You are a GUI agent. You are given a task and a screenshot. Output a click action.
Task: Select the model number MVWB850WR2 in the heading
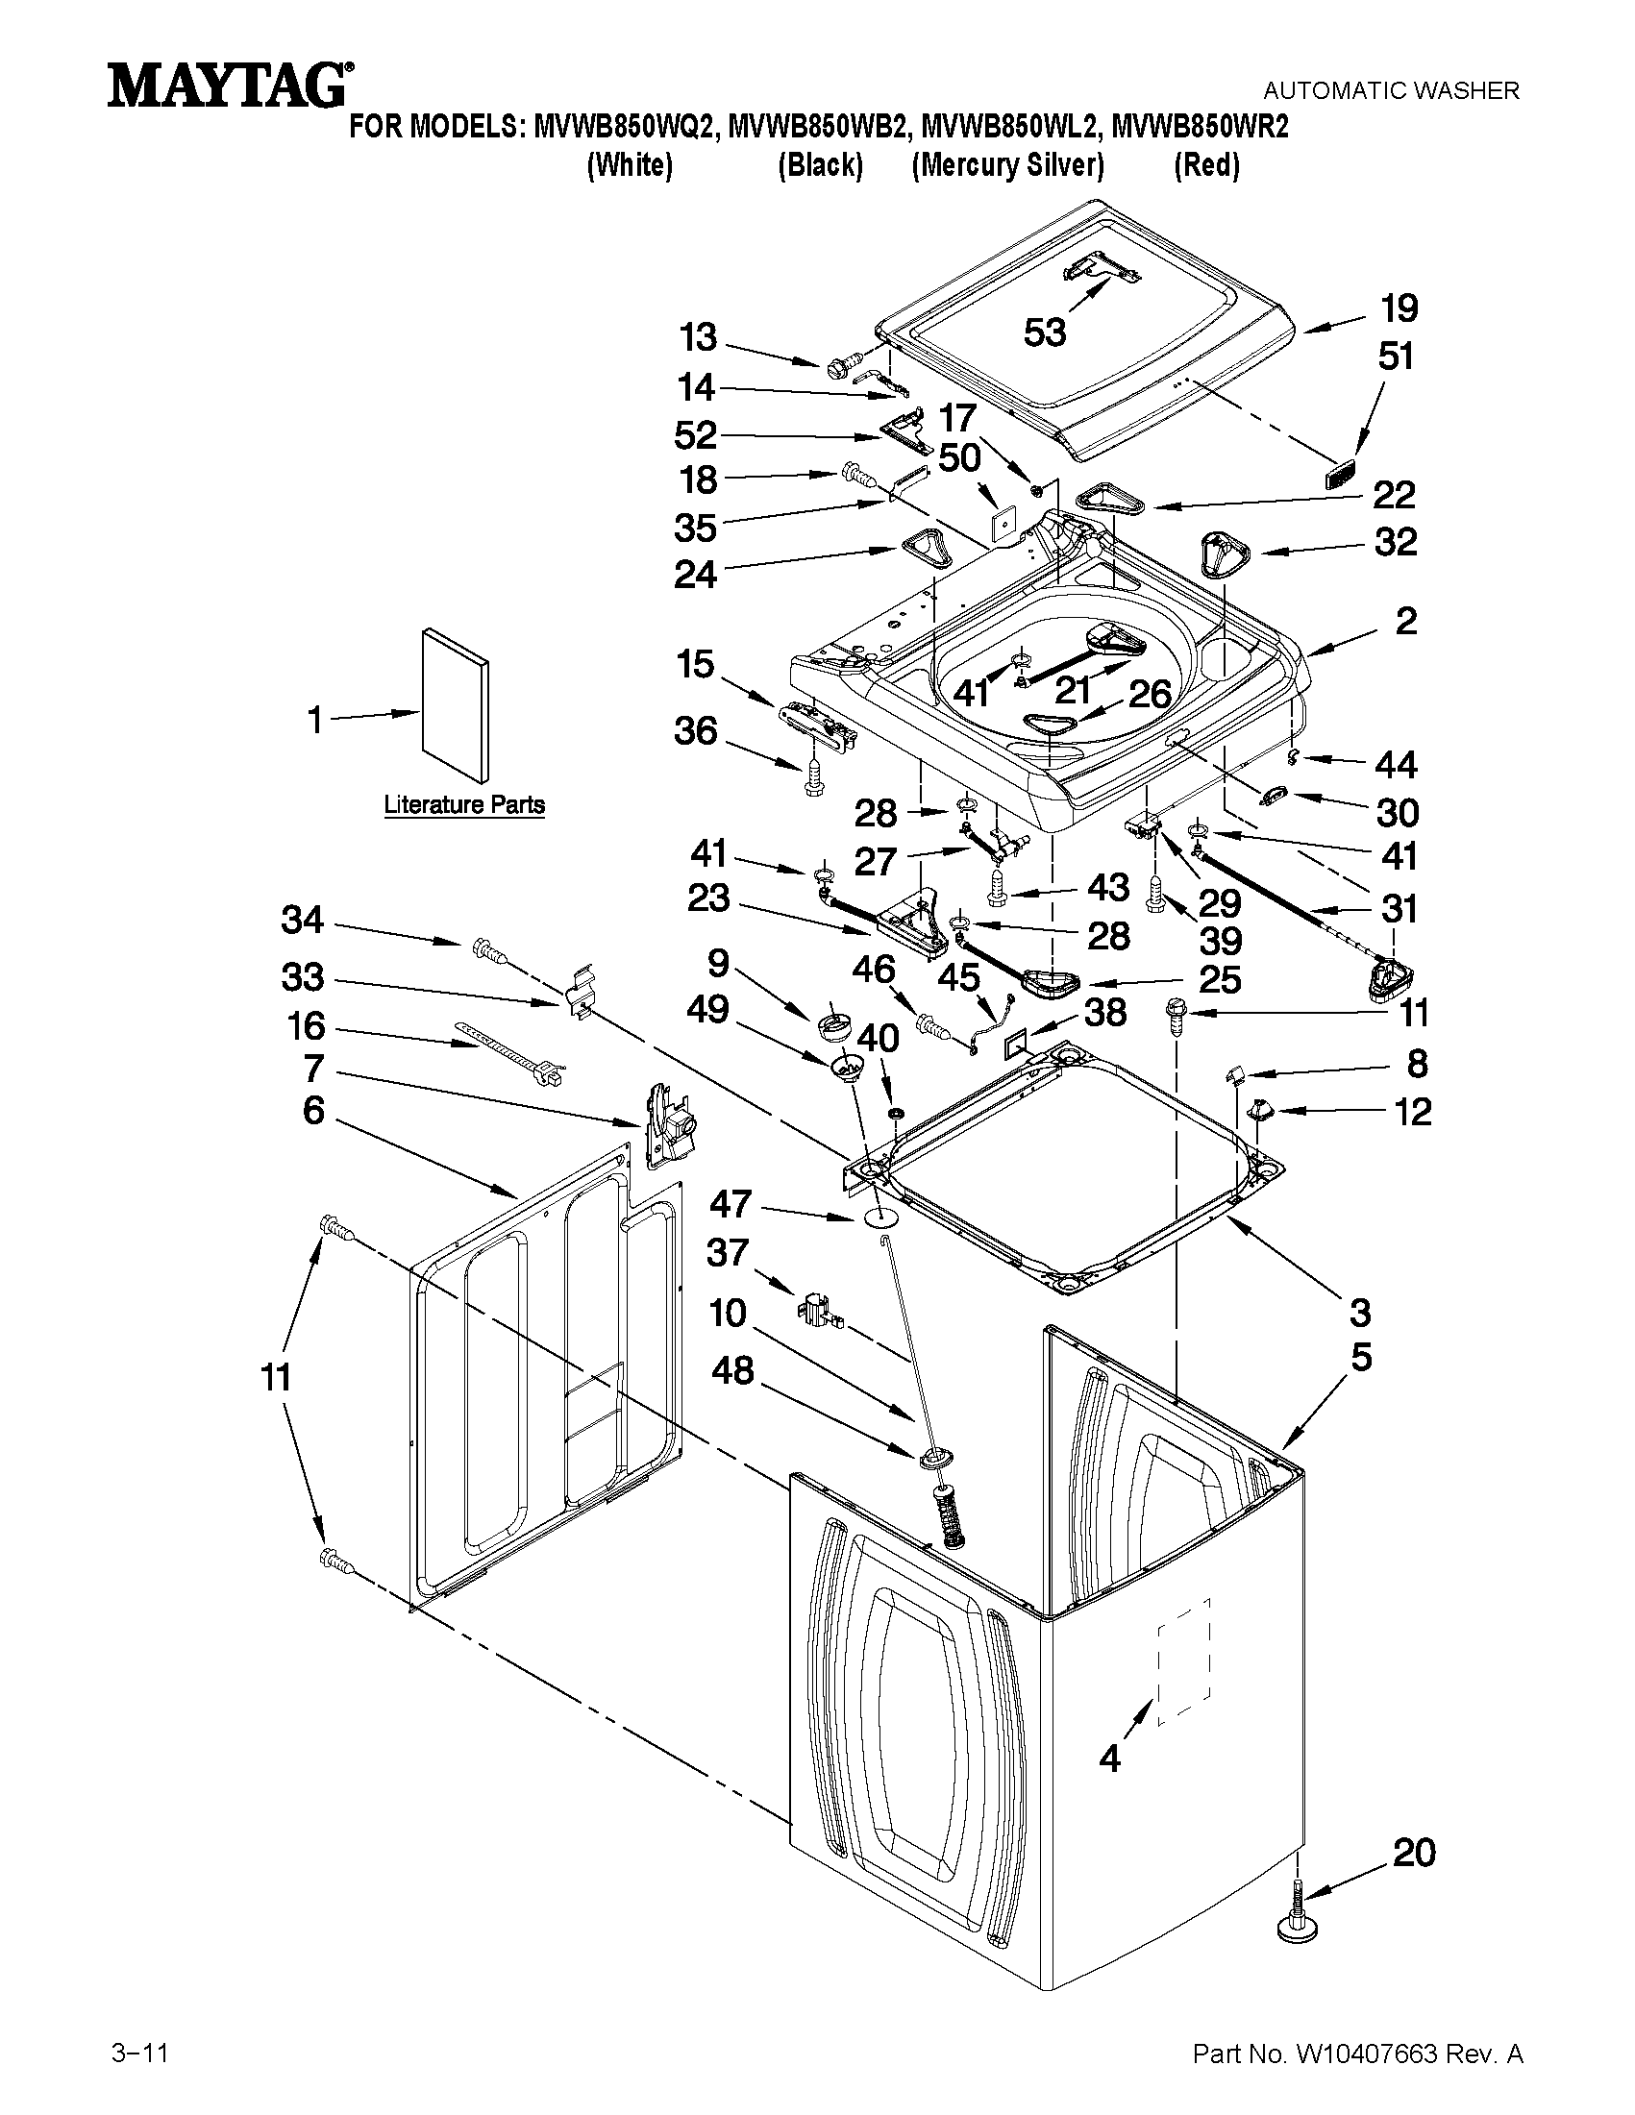[1200, 127]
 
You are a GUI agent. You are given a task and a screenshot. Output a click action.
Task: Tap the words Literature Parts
[464, 804]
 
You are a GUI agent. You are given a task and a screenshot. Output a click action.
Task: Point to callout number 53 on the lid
[1045, 332]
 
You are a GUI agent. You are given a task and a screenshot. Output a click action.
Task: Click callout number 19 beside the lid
[1399, 307]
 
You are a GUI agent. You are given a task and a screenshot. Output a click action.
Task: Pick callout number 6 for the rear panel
[312, 1111]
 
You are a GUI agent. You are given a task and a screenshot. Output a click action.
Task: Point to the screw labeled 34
[488, 951]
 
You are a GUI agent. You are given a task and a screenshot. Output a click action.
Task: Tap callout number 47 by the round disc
[731, 1204]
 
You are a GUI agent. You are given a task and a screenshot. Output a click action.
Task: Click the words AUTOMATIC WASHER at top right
[1391, 91]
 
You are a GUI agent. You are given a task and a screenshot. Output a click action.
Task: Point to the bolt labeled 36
[812, 778]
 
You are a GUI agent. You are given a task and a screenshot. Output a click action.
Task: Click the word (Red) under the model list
[1206, 165]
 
